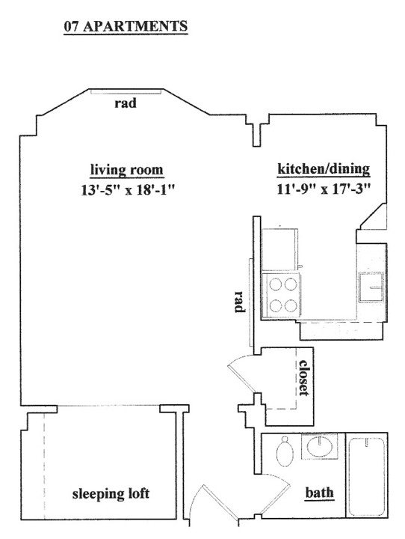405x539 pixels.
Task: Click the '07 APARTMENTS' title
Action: click(126, 26)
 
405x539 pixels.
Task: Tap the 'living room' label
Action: click(126, 170)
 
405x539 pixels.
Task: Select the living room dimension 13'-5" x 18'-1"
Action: click(128, 189)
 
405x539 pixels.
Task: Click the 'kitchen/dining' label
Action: click(324, 168)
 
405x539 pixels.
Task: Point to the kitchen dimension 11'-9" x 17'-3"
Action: click(324, 189)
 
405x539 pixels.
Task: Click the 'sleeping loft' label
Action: click(111, 494)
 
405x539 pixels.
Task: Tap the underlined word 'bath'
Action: click(319, 493)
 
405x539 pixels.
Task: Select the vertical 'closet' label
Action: click(304, 377)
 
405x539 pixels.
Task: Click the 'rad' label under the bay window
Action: click(126, 103)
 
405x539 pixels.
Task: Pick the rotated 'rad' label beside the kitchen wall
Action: click(240, 302)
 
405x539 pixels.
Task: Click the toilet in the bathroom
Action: click(285, 451)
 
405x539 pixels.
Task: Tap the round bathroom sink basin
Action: click(320, 446)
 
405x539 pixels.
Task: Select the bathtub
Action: click(366, 476)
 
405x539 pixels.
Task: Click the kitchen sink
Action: click(371, 287)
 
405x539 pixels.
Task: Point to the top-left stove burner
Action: click(276, 284)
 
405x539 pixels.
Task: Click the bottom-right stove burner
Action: click(291, 305)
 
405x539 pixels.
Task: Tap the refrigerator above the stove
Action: click(279, 249)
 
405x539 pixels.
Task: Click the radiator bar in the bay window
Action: click(126, 91)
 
